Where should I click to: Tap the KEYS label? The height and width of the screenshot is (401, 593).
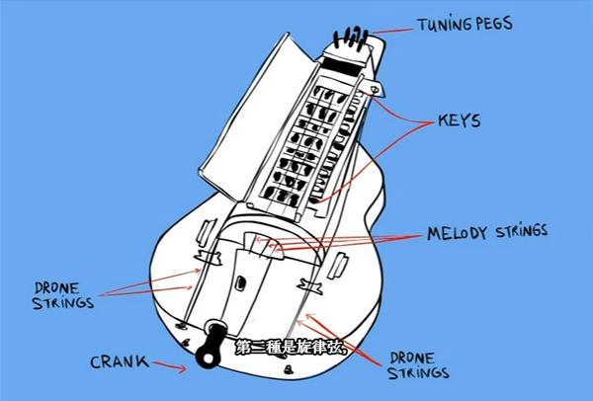tap(460, 120)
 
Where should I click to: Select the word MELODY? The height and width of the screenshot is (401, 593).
tap(457, 233)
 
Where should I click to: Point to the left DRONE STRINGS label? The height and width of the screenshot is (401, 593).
tap(63, 296)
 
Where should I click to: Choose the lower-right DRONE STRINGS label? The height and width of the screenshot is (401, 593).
tap(418, 365)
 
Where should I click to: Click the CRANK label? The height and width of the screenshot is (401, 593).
tap(120, 361)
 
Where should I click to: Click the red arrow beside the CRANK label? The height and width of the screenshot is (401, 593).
tap(170, 366)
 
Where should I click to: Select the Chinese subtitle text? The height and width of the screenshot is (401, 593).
tap(292, 348)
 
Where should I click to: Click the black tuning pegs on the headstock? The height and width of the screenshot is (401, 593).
tap(351, 38)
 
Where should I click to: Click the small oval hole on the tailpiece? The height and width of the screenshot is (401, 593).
tap(240, 282)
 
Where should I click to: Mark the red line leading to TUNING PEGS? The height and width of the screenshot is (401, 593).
tap(392, 31)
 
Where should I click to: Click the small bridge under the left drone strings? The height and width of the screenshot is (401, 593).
tap(208, 258)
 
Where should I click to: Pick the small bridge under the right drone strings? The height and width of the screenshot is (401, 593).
tap(310, 286)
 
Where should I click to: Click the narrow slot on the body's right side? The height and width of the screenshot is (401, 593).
tap(337, 266)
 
